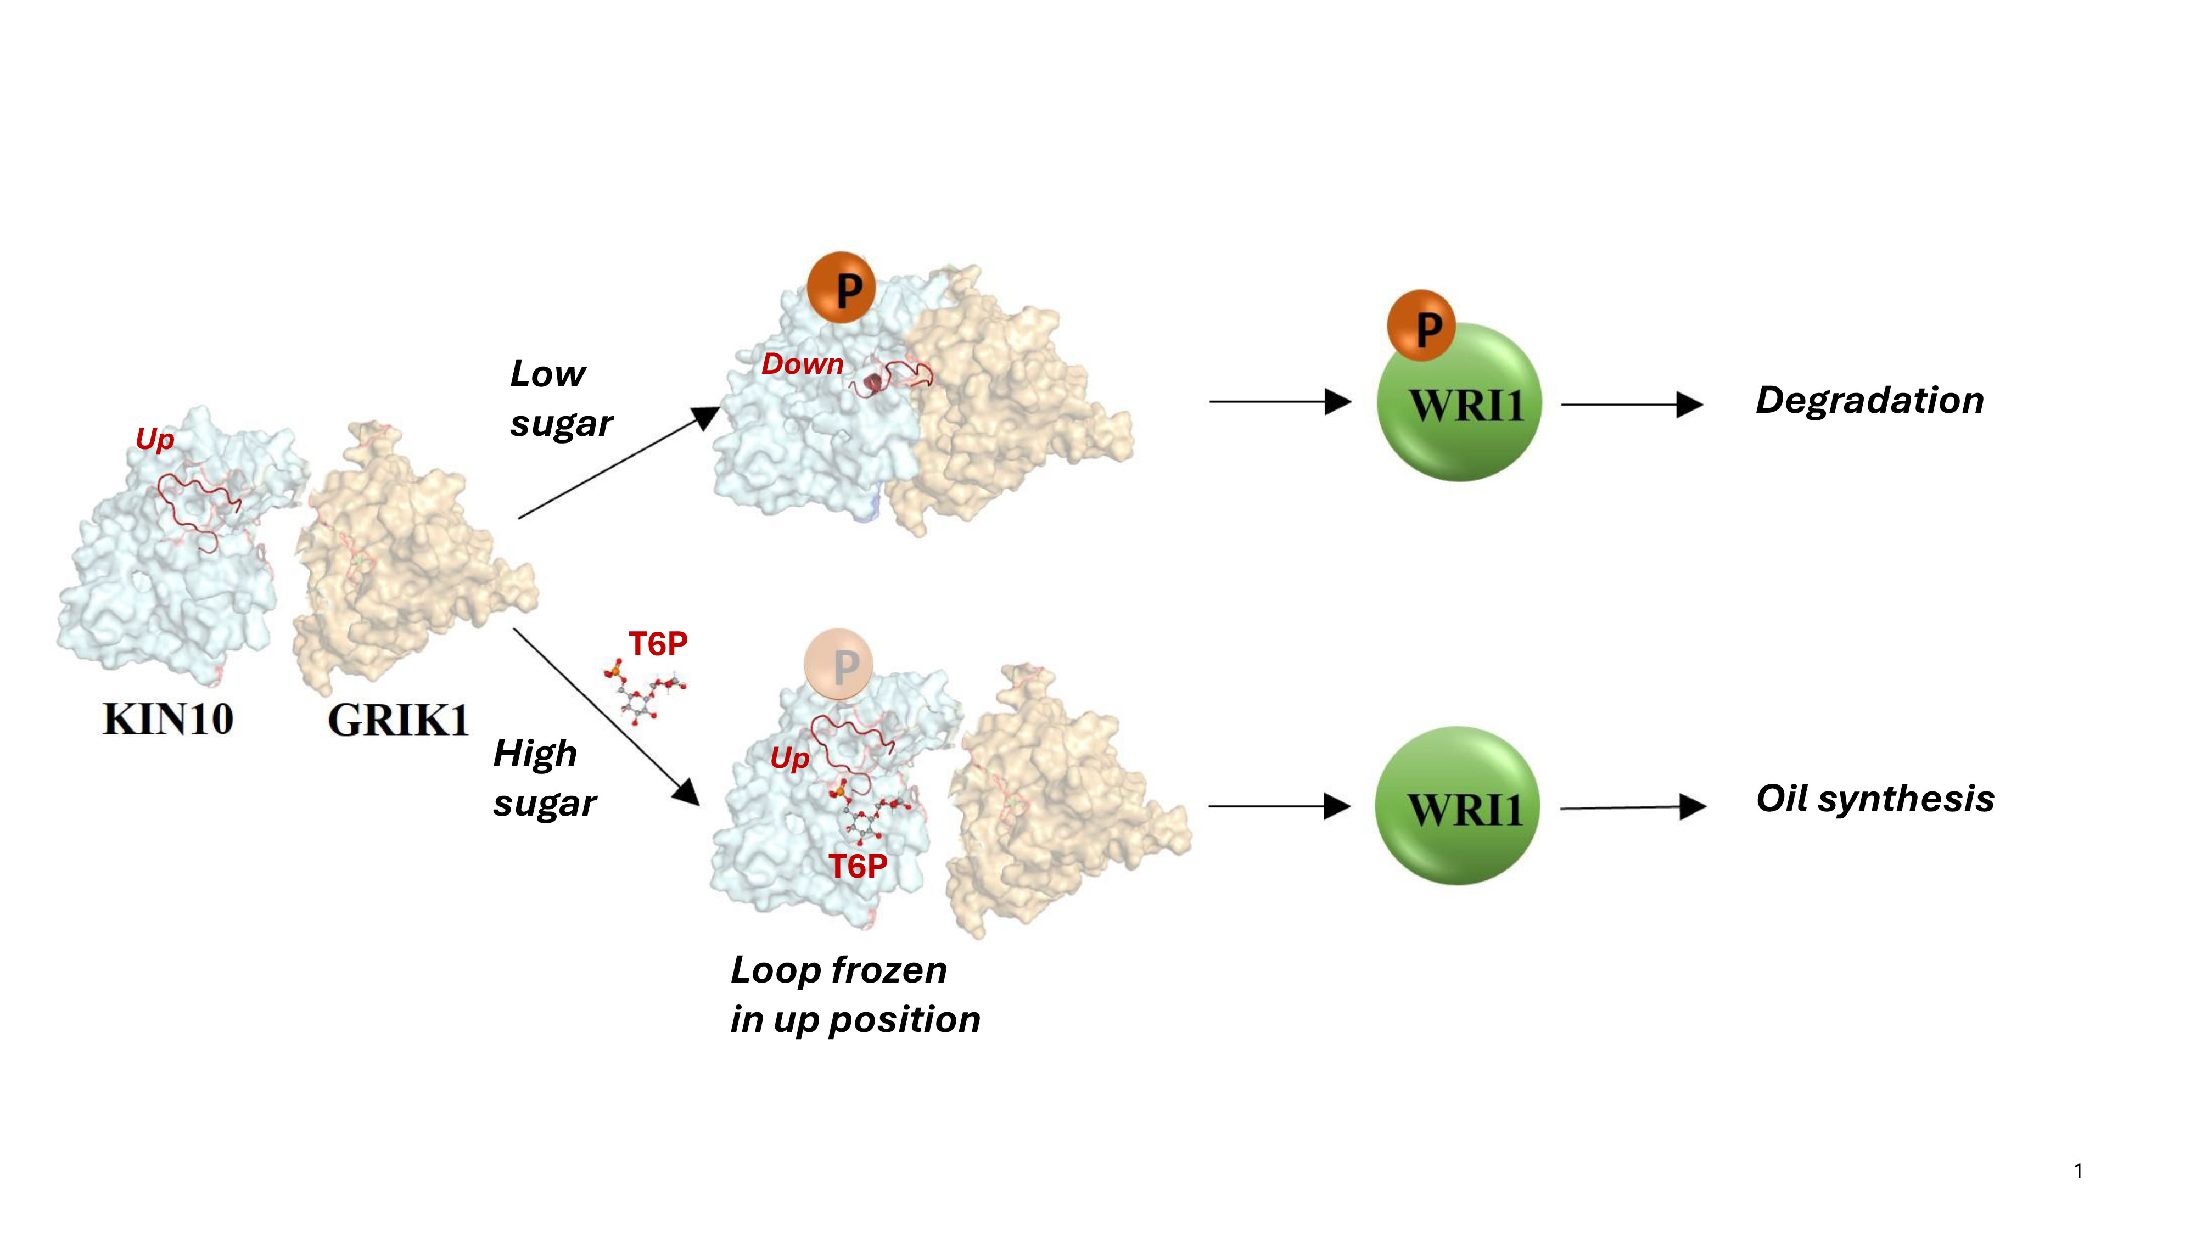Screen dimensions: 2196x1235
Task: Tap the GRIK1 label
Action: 398,720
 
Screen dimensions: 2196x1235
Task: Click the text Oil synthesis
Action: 1875,799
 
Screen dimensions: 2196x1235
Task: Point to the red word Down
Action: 802,364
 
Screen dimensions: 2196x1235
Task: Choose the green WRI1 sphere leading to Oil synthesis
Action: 1458,805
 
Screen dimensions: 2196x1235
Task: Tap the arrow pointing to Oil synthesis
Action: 1633,807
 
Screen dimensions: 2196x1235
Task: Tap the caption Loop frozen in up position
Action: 855,995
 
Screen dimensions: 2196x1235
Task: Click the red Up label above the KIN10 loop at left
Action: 154,440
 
